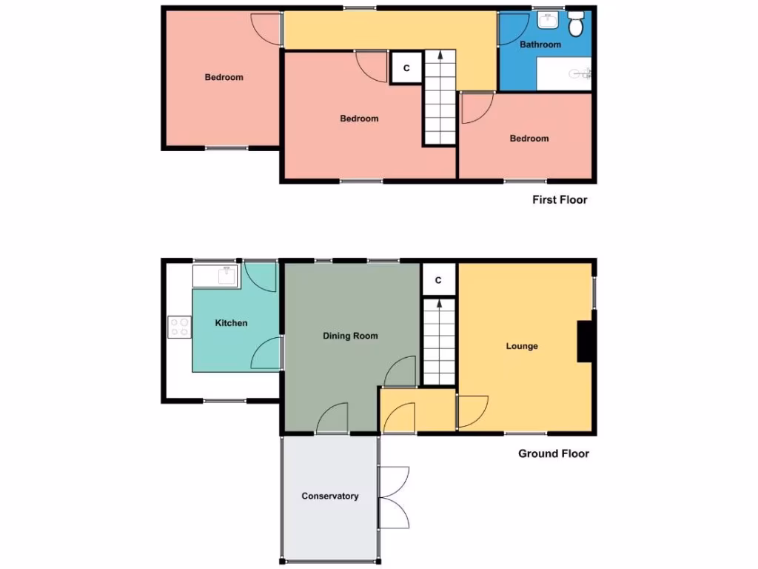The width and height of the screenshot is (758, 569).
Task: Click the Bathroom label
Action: pyautogui.click(x=540, y=44)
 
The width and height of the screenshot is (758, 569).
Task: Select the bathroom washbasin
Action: pyautogui.click(x=549, y=21)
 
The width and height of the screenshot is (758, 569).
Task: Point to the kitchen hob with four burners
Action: pyautogui.click(x=179, y=327)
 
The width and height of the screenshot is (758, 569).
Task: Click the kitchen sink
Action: pyautogui.click(x=216, y=276)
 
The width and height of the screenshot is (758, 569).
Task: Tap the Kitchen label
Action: pyautogui.click(x=231, y=323)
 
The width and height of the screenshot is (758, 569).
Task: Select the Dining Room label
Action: pyautogui.click(x=350, y=336)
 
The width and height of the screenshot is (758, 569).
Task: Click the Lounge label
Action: pyautogui.click(x=522, y=346)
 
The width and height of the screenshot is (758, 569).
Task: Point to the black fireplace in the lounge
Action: pyautogui.click(x=586, y=342)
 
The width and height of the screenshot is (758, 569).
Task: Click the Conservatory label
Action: pyautogui.click(x=330, y=496)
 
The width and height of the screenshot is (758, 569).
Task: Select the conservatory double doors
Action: pyautogui.click(x=392, y=497)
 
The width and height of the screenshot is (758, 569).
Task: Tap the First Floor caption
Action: pyautogui.click(x=560, y=200)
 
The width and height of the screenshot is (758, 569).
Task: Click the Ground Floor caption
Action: pyautogui.click(x=554, y=453)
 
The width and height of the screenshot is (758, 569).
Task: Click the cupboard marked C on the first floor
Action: pyautogui.click(x=406, y=68)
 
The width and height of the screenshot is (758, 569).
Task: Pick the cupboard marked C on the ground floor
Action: pyautogui.click(x=438, y=280)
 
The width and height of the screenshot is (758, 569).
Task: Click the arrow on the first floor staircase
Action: pyautogui.click(x=440, y=56)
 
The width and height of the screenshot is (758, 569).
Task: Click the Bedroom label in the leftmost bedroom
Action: pyautogui.click(x=224, y=77)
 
